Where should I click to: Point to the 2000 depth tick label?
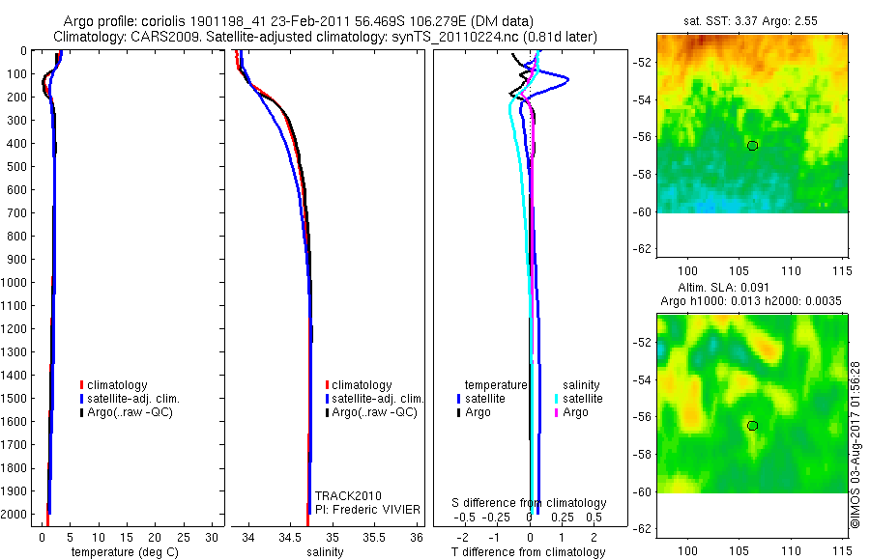[x=14, y=515]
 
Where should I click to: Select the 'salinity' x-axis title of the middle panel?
[x=325, y=552]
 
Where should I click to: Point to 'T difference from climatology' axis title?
[x=530, y=552]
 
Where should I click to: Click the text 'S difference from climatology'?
[x=530, y=503]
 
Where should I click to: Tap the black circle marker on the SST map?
[x=752, y=145]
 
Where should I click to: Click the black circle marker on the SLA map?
[x=752, y=425]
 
